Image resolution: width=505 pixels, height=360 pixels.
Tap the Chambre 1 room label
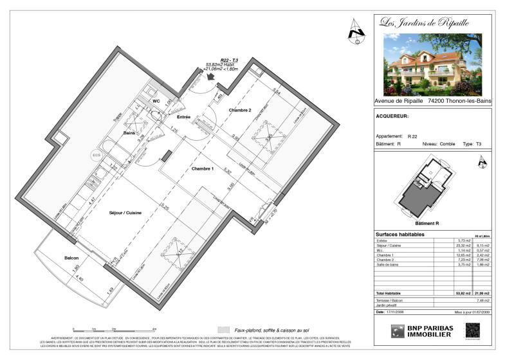[x=203, y=168]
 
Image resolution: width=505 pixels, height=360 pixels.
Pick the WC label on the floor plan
[x=156, y=102]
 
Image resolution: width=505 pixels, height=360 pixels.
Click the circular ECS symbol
[x=97, y=155]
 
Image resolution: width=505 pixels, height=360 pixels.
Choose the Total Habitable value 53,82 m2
[x=458, y=292]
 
